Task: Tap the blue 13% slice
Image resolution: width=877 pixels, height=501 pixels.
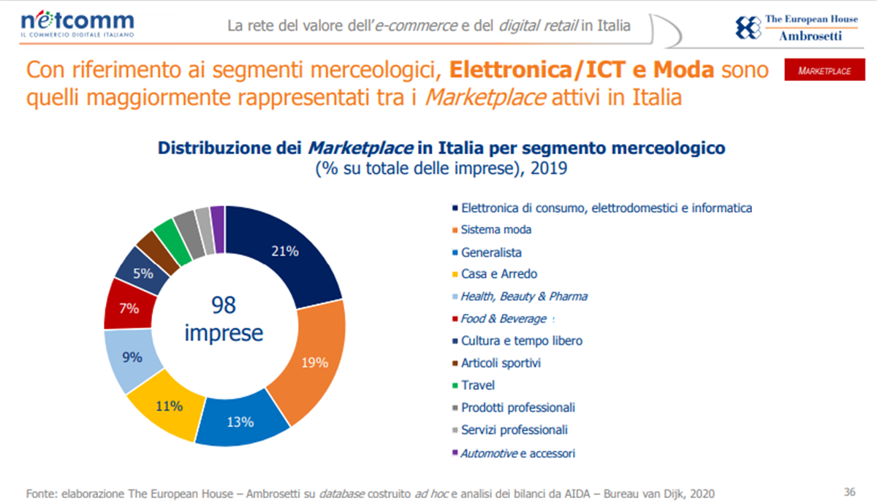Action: click(240, 421)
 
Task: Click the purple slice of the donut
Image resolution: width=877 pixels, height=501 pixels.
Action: click(218, 229)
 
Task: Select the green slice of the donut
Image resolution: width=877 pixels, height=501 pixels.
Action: click(172, 242)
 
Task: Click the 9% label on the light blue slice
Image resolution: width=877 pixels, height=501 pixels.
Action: click(132, 357)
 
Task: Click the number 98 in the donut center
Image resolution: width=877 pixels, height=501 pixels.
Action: click(224, 305)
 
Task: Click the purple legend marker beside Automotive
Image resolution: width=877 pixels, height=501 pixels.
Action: click(455, 453)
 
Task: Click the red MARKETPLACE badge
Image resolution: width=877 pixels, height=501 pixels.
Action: click(824, 69)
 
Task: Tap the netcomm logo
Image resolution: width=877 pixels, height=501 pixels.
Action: click(77, 24)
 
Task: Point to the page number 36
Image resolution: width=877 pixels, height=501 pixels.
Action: click(849, 492)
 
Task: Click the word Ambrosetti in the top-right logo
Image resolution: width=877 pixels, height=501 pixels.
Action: click(810, 36)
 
